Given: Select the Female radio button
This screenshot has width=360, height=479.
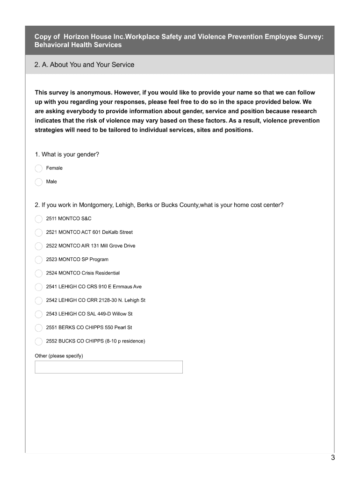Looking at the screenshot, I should (39, 168).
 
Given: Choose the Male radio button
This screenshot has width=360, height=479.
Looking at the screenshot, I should (39, 182).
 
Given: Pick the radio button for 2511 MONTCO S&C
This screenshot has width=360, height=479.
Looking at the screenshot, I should (39, 219).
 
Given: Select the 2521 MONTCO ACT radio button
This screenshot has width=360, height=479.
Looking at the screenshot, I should (39, 232).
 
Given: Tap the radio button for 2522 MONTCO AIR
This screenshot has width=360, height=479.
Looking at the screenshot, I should (39, 246).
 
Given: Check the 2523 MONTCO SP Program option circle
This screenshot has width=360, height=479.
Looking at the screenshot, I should (39, 260).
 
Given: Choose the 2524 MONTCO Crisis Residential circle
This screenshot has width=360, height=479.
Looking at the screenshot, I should (39, 273).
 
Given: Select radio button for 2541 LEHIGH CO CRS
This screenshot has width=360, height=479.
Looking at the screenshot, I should (39, 287).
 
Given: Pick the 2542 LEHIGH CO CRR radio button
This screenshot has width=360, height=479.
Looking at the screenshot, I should (39, 300).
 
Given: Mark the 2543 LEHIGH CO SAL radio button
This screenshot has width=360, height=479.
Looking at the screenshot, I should (39, 314).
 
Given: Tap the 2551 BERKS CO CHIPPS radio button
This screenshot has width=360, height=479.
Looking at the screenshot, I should (39, 327).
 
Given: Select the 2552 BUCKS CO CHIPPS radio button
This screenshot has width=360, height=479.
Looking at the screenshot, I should (39, 341).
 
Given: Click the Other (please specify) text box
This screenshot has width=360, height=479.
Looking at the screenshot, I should (108, 367).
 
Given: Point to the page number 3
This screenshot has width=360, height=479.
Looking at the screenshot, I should (332, 458).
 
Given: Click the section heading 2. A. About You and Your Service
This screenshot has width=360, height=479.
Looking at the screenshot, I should (84, 65).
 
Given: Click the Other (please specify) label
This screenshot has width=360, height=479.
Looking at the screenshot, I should (59, 356).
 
